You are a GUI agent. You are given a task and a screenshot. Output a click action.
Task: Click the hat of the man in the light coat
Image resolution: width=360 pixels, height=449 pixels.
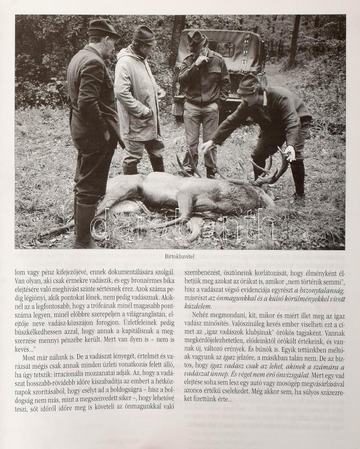click(145, 35)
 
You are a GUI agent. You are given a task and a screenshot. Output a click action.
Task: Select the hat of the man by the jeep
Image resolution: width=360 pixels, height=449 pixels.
click(197, 39)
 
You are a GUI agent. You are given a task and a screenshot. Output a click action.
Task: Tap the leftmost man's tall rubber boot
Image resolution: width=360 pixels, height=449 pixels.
click(84, 224)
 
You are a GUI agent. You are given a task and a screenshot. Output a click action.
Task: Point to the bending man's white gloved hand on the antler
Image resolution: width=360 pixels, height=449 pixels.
click(289, 153)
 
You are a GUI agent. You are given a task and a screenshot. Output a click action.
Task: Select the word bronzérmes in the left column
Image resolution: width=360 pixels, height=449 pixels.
click(135, 280)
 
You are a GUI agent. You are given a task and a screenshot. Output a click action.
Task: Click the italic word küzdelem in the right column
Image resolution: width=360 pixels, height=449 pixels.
click(200, 306)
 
